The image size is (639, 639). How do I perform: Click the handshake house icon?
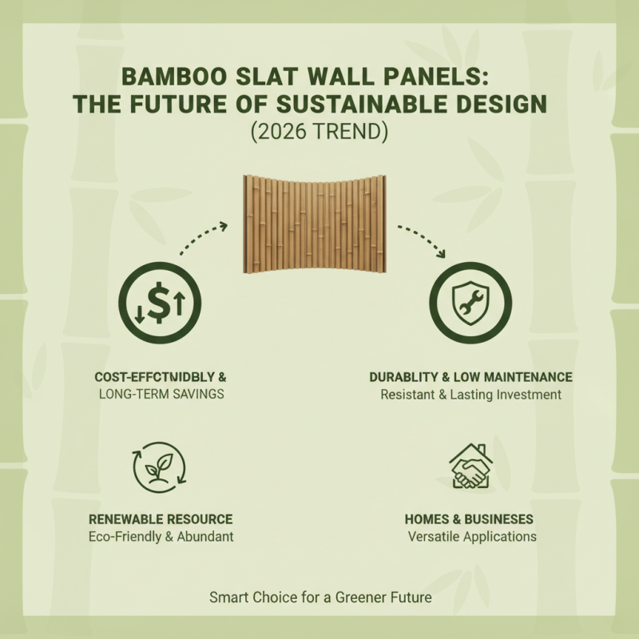point(470,466)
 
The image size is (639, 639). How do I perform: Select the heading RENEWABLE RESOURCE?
point(161,519)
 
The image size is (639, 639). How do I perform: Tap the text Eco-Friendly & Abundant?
point(161,537)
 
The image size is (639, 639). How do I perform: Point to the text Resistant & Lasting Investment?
point(470,394)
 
